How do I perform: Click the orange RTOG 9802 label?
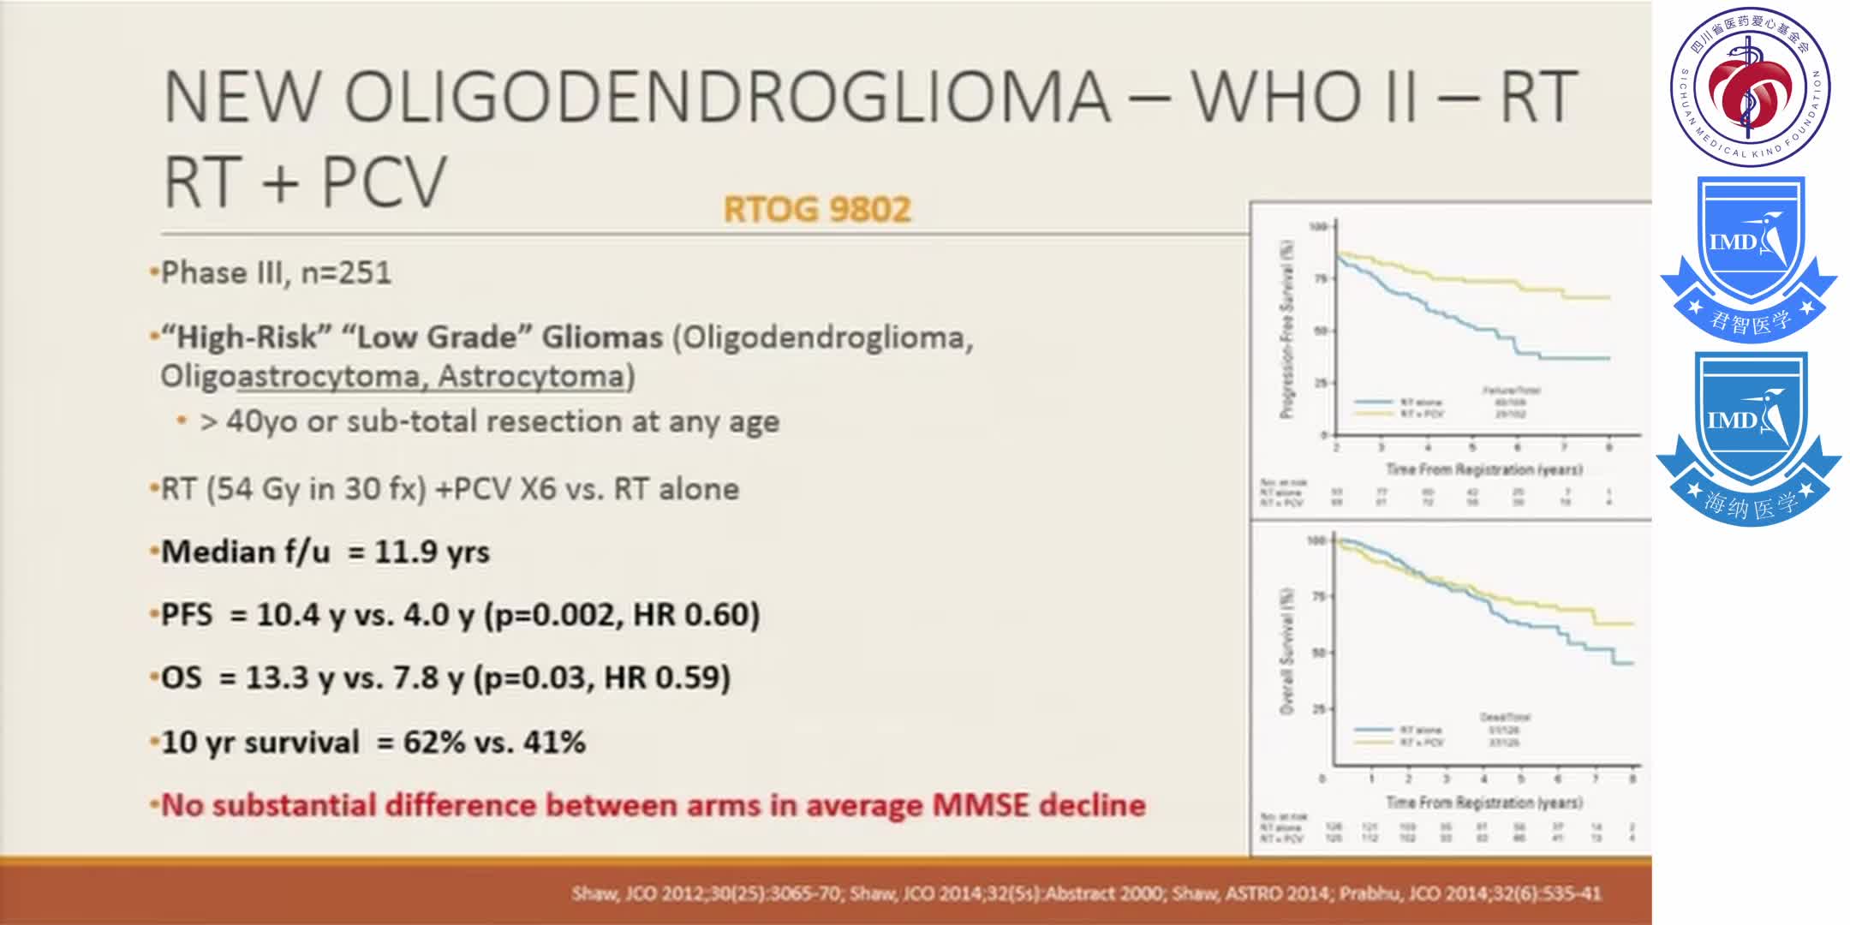[x=817, y=210]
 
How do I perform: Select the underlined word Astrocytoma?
[x=531, y=377]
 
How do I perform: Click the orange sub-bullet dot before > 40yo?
[x=181, y=421]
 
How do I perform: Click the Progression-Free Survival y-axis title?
[x=1286, y=330]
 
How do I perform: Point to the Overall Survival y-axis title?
[x=1286, y=651]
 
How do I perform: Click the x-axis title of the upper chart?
[x=1483, y=469]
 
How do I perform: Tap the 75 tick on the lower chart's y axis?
[x=1319, y=596]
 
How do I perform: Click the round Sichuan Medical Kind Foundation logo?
[x=1750, y=87]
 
